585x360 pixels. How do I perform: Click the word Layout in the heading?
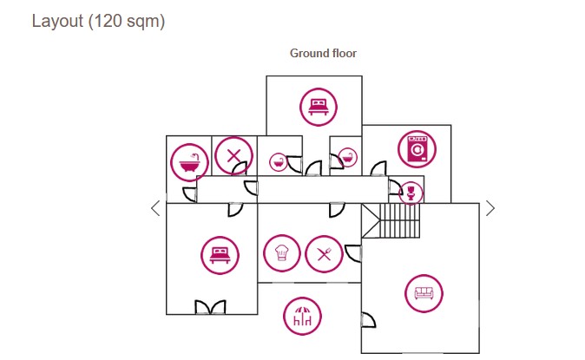[x=57, y=22]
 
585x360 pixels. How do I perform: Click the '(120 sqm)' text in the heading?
[x=127, y=22]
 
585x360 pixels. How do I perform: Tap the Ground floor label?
[x=323, y=54]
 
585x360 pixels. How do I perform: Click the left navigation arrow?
[x=155, y=208]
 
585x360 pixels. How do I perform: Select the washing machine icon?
[x=417, y=149]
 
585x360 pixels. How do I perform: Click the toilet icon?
[x=407, y=190]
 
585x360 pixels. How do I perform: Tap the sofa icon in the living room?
[x=424, y=293]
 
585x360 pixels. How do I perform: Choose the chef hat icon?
[x=281, y=253]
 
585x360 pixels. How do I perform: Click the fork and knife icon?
[x=324, y=253]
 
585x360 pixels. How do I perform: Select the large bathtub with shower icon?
[x=187, y=160]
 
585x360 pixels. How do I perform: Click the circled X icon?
[x=233, y=156]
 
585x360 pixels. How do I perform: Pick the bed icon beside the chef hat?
[x=219, y=255]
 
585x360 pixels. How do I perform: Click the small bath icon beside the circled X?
[x=278, y=161]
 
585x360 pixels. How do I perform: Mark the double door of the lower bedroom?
[x=210, y=308]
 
